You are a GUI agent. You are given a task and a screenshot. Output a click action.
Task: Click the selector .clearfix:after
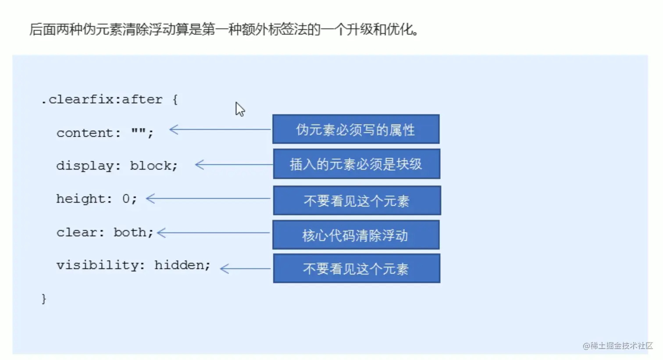(x=102, y=100)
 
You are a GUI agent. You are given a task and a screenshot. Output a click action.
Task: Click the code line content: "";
(x=105, y=133)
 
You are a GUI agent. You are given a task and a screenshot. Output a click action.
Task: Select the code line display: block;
(x=117, y=166)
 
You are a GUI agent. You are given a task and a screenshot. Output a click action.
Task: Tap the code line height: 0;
(x=96, y=199)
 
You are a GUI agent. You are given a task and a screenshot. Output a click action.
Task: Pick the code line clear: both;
(x=105, y=232)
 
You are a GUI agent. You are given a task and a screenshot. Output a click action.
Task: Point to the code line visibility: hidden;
(x=133, y=265)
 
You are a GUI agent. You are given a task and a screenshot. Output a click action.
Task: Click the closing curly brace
(x=44, y=299)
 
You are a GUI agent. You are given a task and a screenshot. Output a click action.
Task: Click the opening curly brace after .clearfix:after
(x=175, y=100)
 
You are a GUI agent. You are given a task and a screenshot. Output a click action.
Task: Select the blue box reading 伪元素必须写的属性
(x=356, y=129)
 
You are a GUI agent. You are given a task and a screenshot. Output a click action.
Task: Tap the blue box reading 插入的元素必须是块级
(x=356, y=164)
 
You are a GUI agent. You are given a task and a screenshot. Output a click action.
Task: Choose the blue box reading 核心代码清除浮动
(x=356, y=235)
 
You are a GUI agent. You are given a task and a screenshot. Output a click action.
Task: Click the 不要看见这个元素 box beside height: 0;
(x=356, y=201)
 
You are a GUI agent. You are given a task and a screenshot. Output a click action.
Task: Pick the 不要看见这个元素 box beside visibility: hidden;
(x=356, y=269)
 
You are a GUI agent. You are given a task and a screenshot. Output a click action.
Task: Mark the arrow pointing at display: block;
(x=233, y=164)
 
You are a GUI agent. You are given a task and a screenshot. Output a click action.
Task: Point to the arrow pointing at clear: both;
(x=213, y=233)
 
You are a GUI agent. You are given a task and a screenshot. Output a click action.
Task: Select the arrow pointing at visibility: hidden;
(x=245, y=269)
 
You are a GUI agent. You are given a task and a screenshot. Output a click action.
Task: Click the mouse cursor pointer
(x=239, y=109)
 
